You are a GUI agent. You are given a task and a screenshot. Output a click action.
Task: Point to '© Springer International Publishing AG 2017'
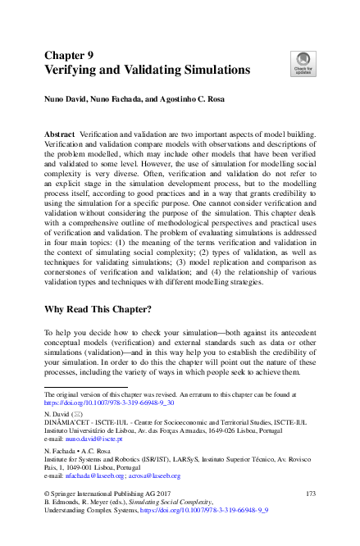pyautogui.click(x=107, y=493)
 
